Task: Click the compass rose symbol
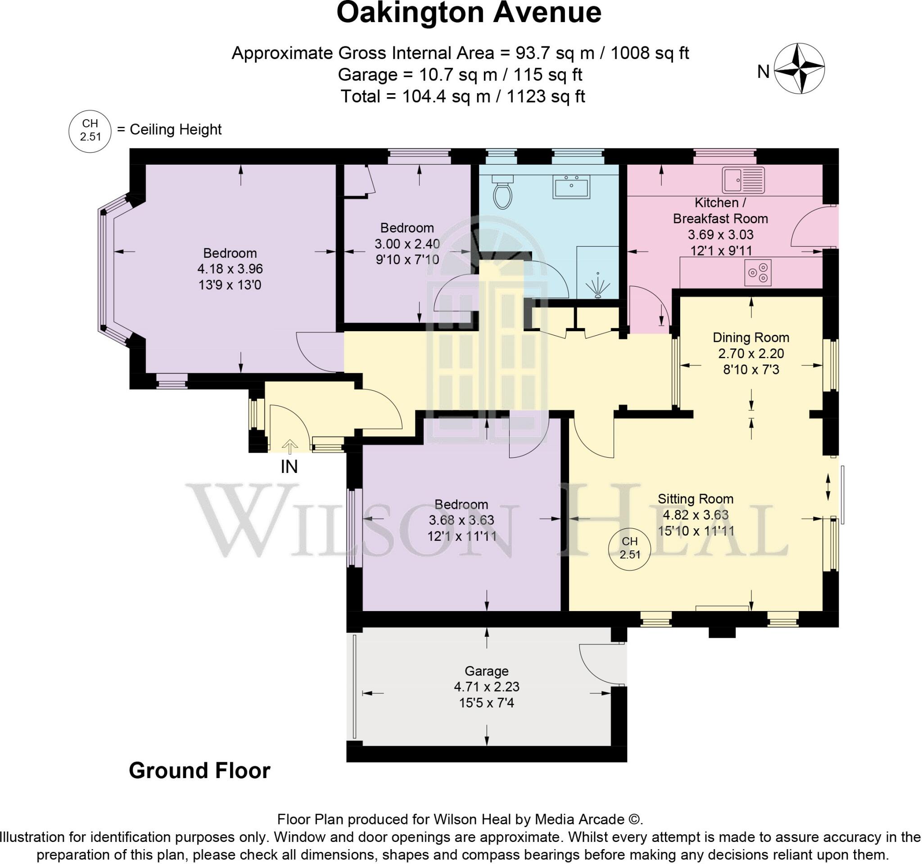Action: click(800, 68)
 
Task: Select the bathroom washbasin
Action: click(571, 187)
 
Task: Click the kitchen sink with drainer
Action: click(743, 180)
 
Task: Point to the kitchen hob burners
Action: click(758, 273)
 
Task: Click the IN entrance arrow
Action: click(290, 447)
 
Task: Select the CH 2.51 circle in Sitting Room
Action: click(629, 547)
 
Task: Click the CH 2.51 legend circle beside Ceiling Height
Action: click(90, 130)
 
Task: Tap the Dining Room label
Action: click(750, 337)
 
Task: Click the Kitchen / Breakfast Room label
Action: click(720, 211)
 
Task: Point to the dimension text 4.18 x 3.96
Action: click(230, 269)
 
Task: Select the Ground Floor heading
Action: click(199, 770)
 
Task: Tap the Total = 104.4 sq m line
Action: click(462, 96)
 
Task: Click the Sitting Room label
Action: click(695, 499)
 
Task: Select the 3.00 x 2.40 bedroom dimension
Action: click(407, 244)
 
